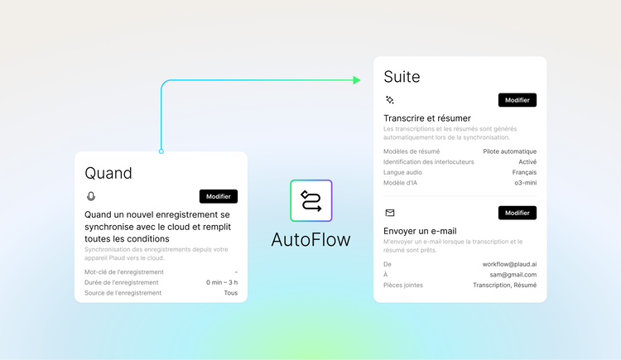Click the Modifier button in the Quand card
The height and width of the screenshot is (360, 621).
(219, 196)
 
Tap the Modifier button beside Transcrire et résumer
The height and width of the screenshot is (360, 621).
(517, 100)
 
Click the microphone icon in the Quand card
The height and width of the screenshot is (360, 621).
(91, 196)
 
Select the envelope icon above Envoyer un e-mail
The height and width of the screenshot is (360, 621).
(390, 213)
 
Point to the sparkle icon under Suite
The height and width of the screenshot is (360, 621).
(390, 100)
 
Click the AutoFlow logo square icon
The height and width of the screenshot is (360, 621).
(310, 201)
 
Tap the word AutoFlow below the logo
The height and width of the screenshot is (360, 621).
(310, 240)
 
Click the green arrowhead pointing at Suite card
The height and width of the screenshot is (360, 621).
(356, 80)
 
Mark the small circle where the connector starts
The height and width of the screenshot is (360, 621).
(161, 151)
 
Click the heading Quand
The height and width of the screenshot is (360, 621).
(108, 174)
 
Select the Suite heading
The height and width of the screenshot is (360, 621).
(402, 77)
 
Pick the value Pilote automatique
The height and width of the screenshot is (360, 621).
(510, 151)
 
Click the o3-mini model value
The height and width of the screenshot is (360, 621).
(526, 183)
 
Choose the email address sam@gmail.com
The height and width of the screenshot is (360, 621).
(513, 275)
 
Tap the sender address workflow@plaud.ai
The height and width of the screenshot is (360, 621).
(509, 264)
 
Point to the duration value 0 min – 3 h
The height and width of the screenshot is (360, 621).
(222, 282)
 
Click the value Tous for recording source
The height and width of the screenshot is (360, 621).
(231, 293)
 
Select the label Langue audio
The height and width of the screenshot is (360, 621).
(402, 172)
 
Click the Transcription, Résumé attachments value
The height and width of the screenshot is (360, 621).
(504, 286)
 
